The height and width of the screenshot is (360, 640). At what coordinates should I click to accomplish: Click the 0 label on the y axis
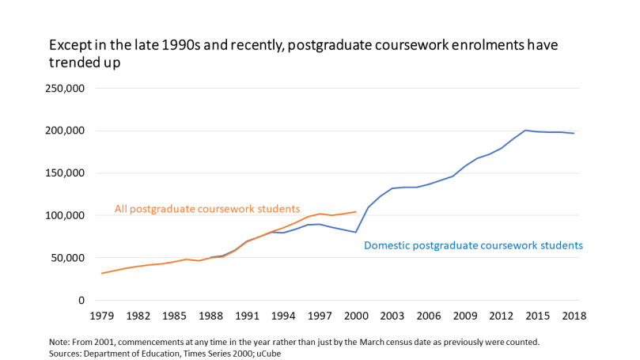point(81,301)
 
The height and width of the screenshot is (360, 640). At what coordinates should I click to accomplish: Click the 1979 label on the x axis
point(101,316)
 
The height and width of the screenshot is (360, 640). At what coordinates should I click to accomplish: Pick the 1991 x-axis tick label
point(247,316)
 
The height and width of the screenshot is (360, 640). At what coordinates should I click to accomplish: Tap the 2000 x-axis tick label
point(356,316)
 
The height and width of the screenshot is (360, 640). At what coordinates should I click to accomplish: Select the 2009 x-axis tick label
point(465,316)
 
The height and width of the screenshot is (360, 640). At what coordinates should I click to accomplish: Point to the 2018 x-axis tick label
point(574,316)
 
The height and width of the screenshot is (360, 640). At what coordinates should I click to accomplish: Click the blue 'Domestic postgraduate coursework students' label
point(473,245)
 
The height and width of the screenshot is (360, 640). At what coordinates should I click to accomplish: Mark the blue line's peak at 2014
point(525,131)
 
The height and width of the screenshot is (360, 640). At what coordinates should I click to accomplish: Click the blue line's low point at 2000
point(356,233)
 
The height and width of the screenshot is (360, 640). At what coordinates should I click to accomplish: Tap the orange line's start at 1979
point(101,273)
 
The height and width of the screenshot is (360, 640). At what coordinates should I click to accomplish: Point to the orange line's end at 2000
point(356,211)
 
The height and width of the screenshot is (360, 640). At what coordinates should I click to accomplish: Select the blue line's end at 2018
point(574,133)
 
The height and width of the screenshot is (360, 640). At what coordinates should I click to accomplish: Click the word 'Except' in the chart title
point(68,45)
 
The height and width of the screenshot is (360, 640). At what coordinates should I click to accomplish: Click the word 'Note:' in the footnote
point(61,341)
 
